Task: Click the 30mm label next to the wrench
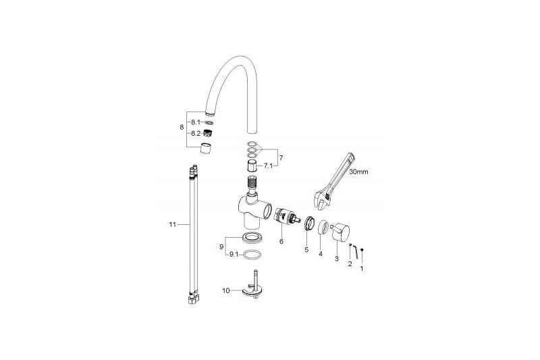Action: [x=358, y=172]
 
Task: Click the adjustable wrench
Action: [x=335, y=182]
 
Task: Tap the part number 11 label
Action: [x=173, y=225]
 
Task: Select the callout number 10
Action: [x=226, y=290]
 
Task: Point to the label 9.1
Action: [x=234, y=255]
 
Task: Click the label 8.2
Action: [x=196, y=133]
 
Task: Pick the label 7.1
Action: [x=268, y=165]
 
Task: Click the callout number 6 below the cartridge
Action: [x=281, y=242]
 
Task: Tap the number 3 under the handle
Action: [x=337, y=259]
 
